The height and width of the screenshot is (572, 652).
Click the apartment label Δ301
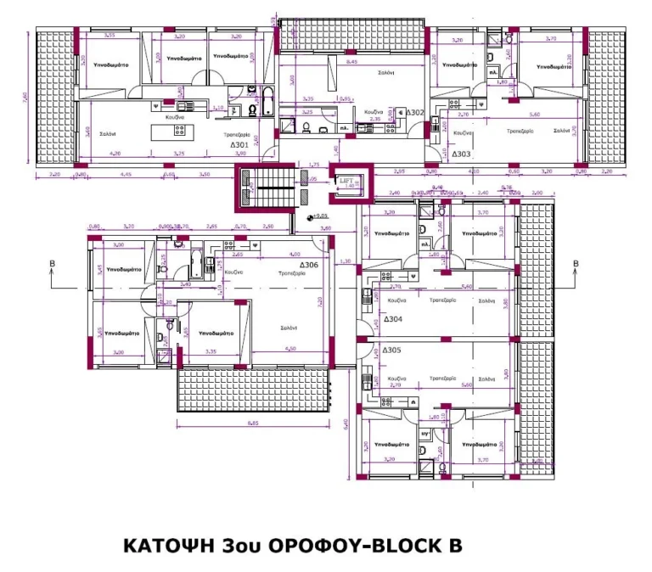tap(239, 145)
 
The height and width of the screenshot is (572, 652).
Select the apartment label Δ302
tap(414, 112)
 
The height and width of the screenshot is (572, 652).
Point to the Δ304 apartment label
tap(392, 320)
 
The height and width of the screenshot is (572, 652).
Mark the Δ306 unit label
tap(309, 266)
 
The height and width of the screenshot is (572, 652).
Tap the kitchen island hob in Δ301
tap(179, 130)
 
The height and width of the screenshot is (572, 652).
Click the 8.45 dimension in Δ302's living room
tap(352, 62)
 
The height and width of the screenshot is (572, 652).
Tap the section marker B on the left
tap(53, 264)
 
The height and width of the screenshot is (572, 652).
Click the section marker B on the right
tap(576, 264)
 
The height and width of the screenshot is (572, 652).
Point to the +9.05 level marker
tap(319, 216)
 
